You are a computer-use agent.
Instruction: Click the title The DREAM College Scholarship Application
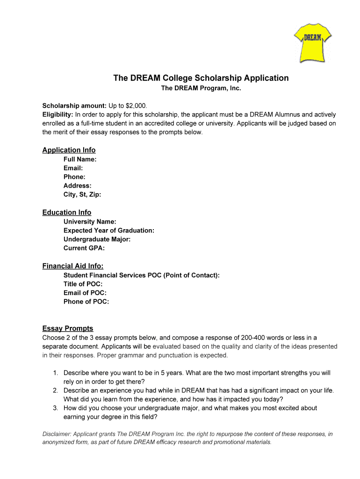(201, 78)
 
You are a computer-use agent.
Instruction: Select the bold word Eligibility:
(58, 115)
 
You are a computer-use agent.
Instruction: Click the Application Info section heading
(69, 150)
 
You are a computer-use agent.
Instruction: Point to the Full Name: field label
(80, 160)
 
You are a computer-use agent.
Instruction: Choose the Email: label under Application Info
(73, 168)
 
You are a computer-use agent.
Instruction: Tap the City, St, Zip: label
(82, 195)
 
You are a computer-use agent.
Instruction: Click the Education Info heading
(67, 212)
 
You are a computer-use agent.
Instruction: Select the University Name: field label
(90, 222)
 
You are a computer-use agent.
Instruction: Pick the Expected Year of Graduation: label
(109, 231)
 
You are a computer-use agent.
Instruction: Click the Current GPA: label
(84, 248)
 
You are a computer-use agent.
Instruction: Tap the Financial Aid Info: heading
(73, 266)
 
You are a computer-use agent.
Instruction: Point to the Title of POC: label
(83, 284)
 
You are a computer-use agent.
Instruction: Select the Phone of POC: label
(86, 302)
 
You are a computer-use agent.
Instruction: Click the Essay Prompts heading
(68, 328)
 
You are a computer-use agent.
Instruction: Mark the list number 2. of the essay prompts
(55, 391)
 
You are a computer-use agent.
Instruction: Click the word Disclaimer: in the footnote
(58, 434)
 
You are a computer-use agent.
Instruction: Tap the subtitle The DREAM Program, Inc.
(201, 88)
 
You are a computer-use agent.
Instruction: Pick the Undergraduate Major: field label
(97, 239)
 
